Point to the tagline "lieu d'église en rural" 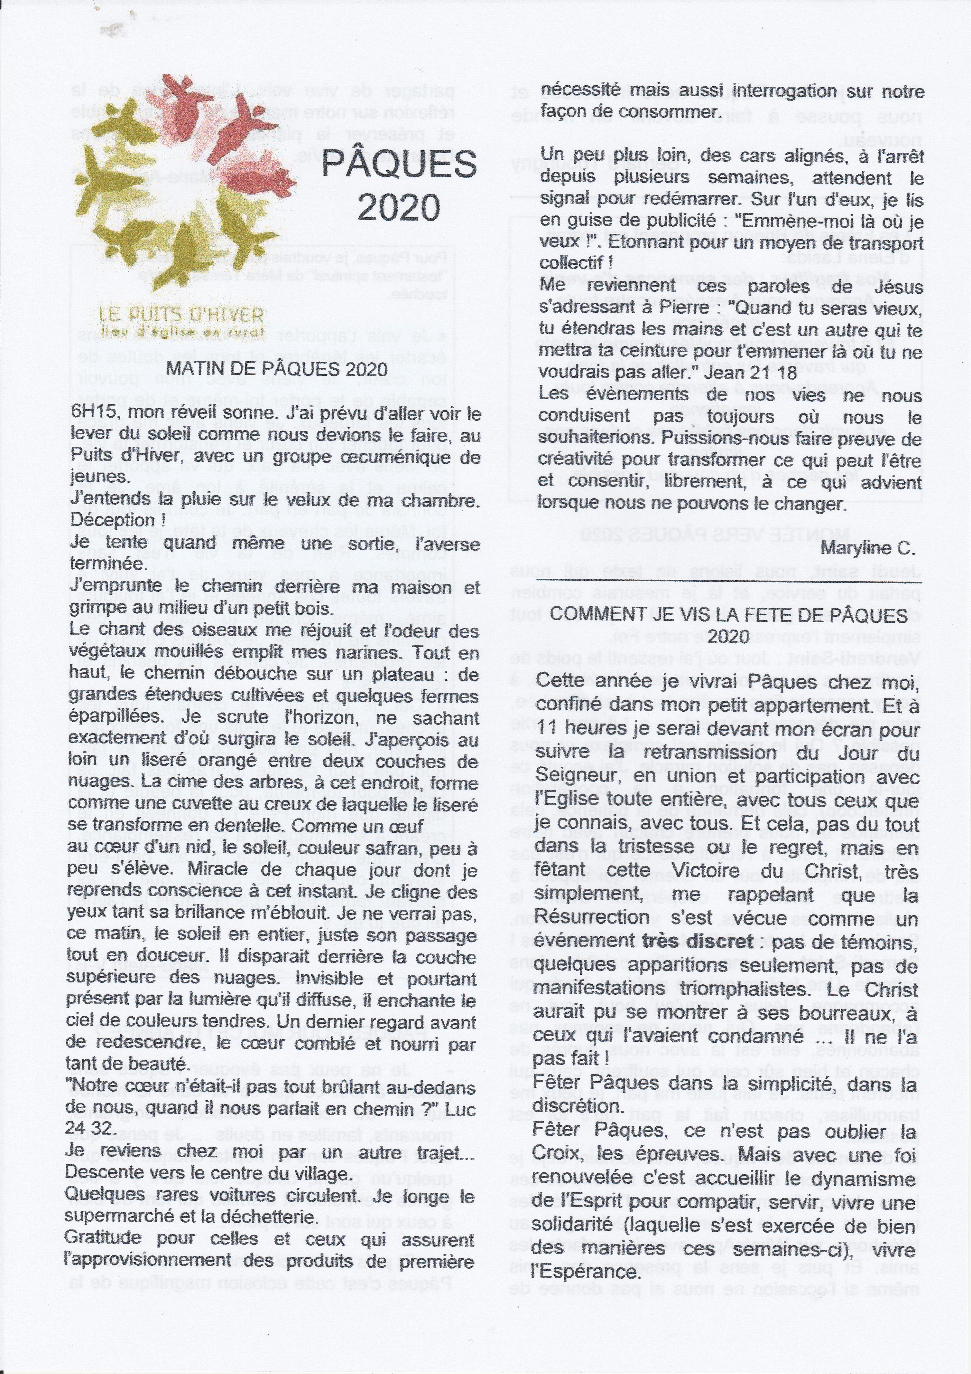pyautogui.click(x=182, y=331)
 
